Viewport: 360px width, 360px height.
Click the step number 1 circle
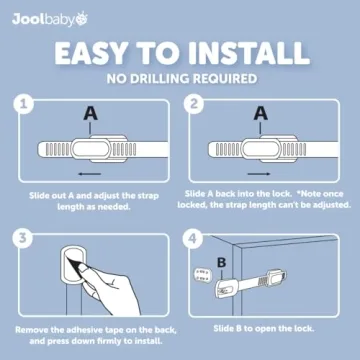[24, 105]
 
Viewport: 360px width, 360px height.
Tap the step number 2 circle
[194, 105]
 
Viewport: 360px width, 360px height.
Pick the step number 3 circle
[24, 237]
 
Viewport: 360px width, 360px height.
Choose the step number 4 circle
[194, 237]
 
